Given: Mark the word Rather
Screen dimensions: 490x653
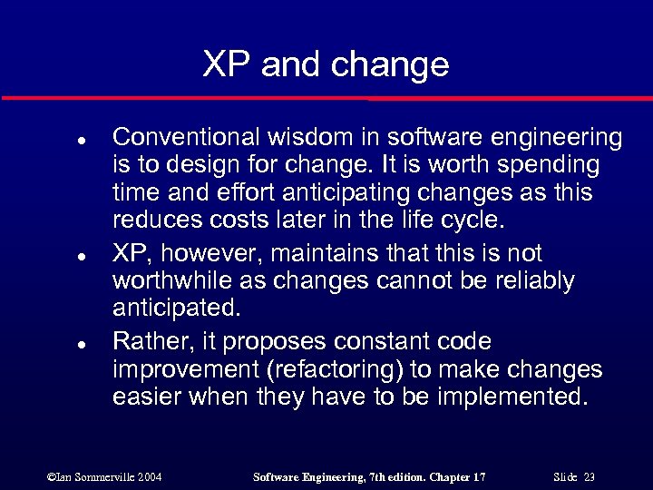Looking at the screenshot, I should [x=145, y=341].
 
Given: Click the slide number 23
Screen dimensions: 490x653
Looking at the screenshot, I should [x=589, y=476].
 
